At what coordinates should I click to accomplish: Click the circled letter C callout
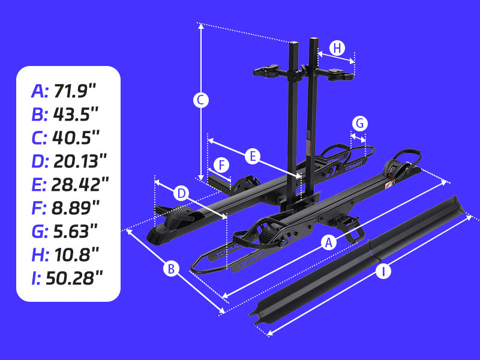tap(201, 100)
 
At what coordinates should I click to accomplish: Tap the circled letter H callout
tap(337, 49)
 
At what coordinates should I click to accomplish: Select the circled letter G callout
tap(359, 124)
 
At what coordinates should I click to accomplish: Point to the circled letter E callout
tap(253, 157)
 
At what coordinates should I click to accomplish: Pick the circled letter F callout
tap(221, 166)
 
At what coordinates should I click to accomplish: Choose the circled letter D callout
tap(181, 193)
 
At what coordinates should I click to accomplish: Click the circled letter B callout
tap(171, 269)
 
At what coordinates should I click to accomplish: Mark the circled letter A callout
tap(328, 242)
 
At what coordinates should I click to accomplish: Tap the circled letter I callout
tap(383, 271)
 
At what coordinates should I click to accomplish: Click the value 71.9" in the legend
tap(75, 91)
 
